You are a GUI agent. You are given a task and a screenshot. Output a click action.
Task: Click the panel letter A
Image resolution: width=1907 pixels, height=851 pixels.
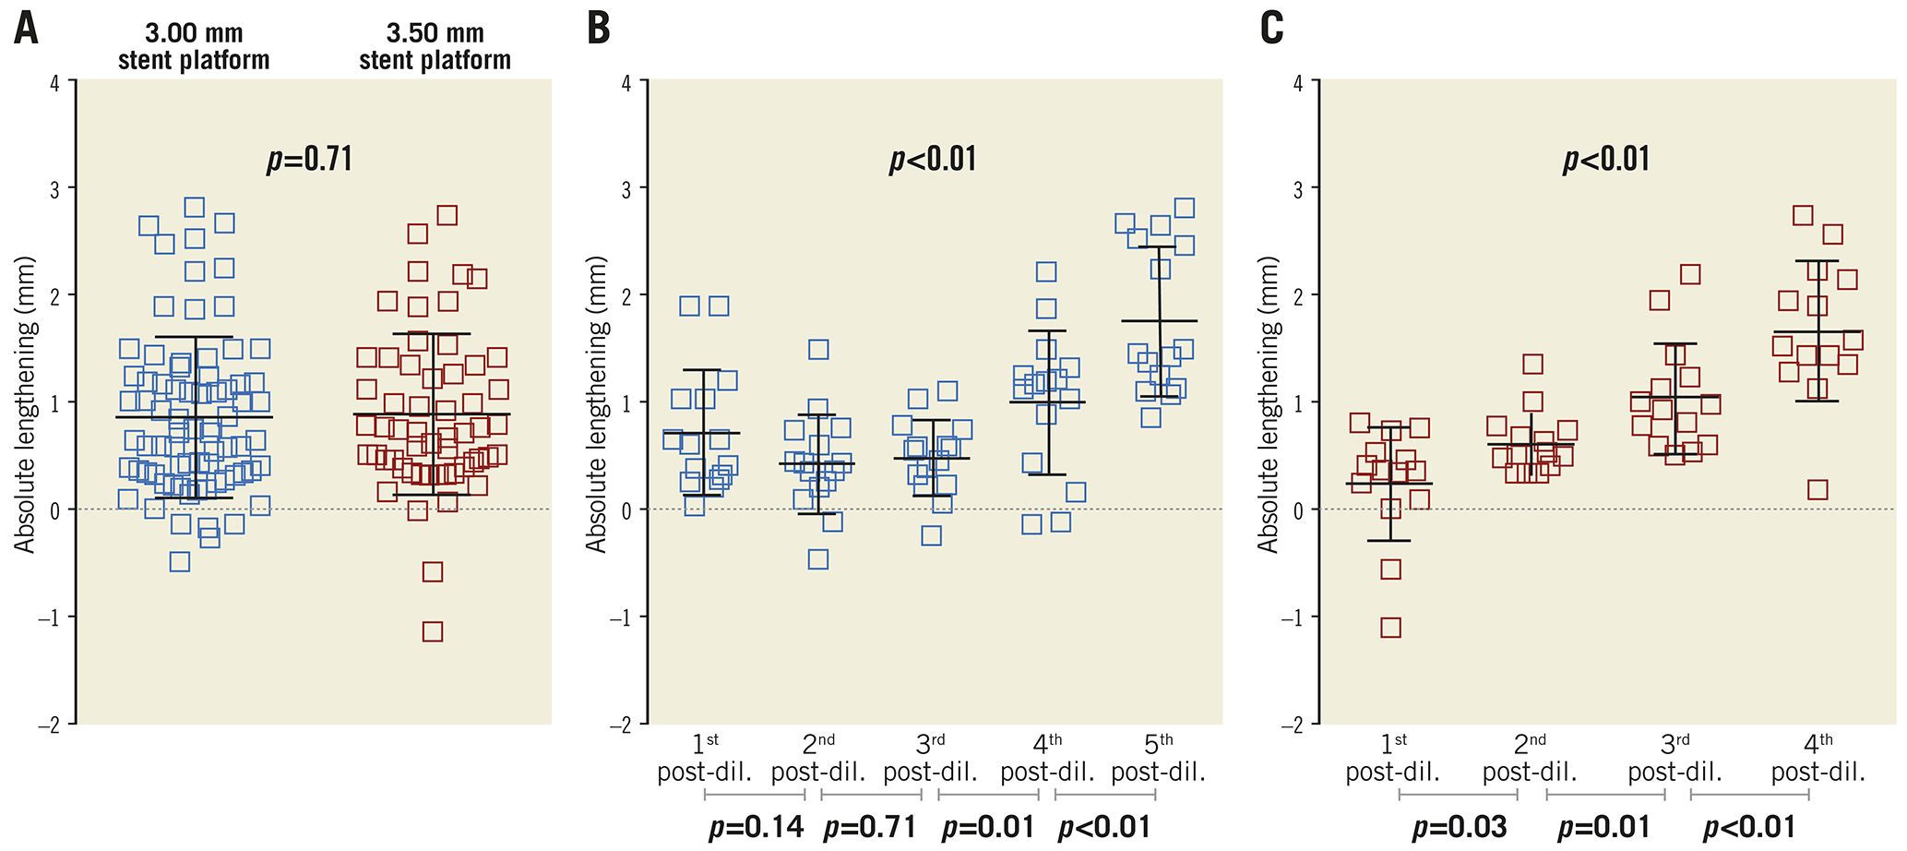26,29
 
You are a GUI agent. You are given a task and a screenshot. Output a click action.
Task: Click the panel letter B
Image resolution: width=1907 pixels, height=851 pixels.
599,29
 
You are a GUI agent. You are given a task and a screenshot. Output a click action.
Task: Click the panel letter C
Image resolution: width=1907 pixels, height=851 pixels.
1271,29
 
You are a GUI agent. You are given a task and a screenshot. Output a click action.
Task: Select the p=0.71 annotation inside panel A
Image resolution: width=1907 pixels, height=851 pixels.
310,160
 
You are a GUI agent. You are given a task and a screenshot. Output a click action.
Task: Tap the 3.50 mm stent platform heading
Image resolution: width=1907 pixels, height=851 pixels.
435,47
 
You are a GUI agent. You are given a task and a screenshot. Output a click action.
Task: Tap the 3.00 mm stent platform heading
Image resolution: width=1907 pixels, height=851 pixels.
194,47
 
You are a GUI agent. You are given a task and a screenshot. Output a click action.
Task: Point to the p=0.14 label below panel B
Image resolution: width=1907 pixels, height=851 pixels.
756,827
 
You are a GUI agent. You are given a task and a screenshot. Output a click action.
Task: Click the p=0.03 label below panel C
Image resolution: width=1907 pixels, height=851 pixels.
1459,827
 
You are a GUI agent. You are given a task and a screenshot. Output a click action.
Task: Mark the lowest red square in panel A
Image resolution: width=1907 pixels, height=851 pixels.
433,632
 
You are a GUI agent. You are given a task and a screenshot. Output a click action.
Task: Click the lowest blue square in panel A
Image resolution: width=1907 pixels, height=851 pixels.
180,562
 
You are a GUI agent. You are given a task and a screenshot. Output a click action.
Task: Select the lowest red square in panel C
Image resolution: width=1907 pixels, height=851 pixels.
1390,629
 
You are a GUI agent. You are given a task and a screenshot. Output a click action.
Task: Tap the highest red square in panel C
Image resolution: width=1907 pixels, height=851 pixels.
1803,215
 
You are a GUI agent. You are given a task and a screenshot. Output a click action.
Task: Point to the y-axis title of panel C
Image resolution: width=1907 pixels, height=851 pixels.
1269,404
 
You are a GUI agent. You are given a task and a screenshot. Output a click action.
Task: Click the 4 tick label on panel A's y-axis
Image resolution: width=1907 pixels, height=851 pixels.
54,81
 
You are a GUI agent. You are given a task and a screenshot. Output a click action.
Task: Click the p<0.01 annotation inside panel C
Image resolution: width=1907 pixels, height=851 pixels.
1606,160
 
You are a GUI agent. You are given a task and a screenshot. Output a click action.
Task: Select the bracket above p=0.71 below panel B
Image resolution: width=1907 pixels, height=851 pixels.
871,794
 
